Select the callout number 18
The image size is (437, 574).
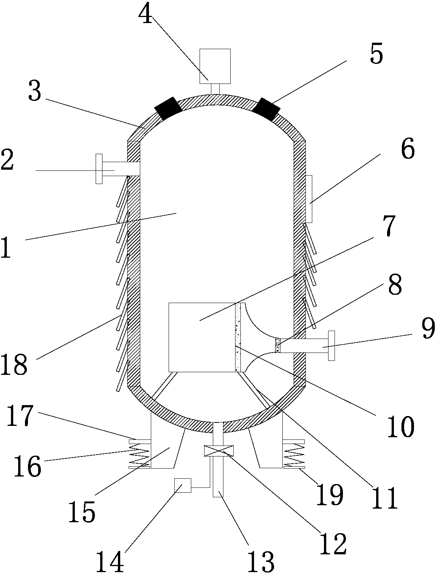[14, 364]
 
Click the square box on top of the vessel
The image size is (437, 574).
[215, 66]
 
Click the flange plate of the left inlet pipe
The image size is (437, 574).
[99, 169]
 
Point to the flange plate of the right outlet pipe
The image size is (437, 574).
[332, 346]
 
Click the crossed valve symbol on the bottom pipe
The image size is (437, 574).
[218, 451]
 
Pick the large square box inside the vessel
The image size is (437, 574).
[202, 337]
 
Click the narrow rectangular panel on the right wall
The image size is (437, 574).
[309, 199]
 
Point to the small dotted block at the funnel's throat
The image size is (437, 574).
[278, 345]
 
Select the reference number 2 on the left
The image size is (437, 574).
[7, 159]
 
